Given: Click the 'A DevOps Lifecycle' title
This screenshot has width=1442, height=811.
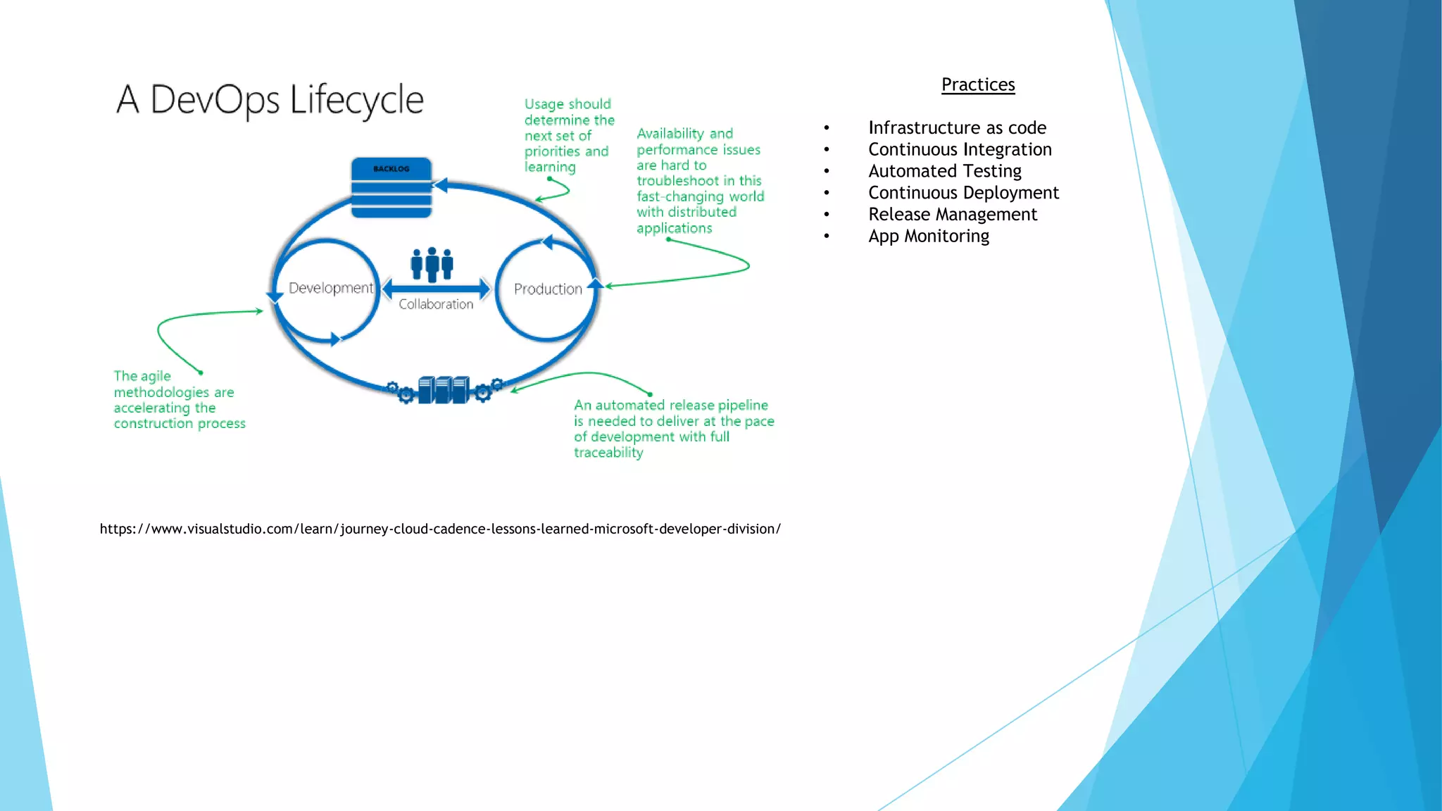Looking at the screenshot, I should click(270, 99).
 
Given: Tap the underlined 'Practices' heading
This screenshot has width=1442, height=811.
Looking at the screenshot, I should click(978, 84).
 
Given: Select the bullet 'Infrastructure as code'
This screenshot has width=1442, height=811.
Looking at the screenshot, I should click(957, 127).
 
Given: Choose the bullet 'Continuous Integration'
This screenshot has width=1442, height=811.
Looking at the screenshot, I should click(960, 149).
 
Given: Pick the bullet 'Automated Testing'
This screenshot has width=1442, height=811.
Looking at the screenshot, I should click(944, 171).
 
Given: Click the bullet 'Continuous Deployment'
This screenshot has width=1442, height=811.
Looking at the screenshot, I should click(963, 193).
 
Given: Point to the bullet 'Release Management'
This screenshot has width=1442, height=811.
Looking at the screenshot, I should click(952, 215).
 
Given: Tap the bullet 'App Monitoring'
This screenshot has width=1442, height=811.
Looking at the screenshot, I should click(928, 237).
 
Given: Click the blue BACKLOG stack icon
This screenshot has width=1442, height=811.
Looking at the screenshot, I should click(391, 188).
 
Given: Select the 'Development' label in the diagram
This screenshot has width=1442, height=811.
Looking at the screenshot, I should click(330, 288).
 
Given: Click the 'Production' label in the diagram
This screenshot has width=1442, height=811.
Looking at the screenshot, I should click(548, 289).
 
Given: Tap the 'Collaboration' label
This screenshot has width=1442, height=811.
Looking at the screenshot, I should click(436, 304).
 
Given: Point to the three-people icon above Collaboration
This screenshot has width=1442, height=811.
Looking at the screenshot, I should click(432, 265).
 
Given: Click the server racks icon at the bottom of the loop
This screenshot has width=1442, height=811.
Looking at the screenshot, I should click(444, 389).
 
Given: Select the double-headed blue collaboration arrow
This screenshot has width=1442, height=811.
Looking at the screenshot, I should click(436, 288).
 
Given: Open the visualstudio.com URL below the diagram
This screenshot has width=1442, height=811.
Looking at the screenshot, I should click(440, 529).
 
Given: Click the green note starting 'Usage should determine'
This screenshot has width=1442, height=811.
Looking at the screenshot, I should click(569, 135).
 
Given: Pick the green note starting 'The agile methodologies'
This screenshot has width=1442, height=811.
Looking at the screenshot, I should click(179, 400).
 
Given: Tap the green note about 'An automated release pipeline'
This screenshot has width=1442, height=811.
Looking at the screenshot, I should click(673, 429).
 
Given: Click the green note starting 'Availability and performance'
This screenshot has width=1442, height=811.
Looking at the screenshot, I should click(700, 181).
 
